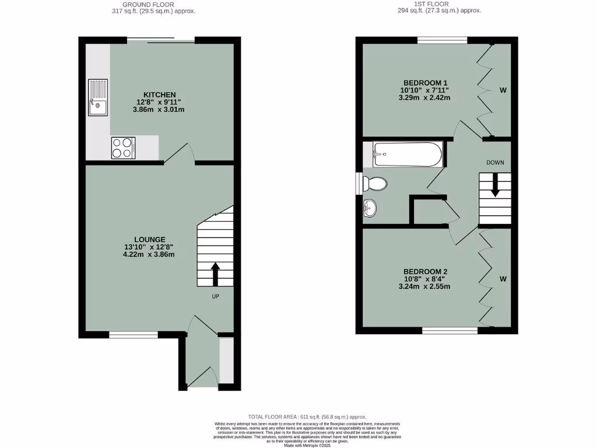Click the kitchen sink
click(x=98, y=97)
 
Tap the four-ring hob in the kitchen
click(x=123, y=148)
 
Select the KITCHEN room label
click(x=160, y=94)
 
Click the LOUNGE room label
click(x=150, y=239)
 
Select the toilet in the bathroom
click(x=374, y=184)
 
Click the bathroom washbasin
click(x=370, y=207)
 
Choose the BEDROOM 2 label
click(x=425, y=271)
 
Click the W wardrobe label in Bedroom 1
click(x=503, y=90)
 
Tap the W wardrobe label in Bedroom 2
click(x=503, y=279)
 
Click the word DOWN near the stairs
click(x=495, y=162)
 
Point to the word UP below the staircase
click(x=215, y=296)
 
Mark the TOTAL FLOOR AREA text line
click(x=307, y=416)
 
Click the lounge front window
click(x=134, y=335)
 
